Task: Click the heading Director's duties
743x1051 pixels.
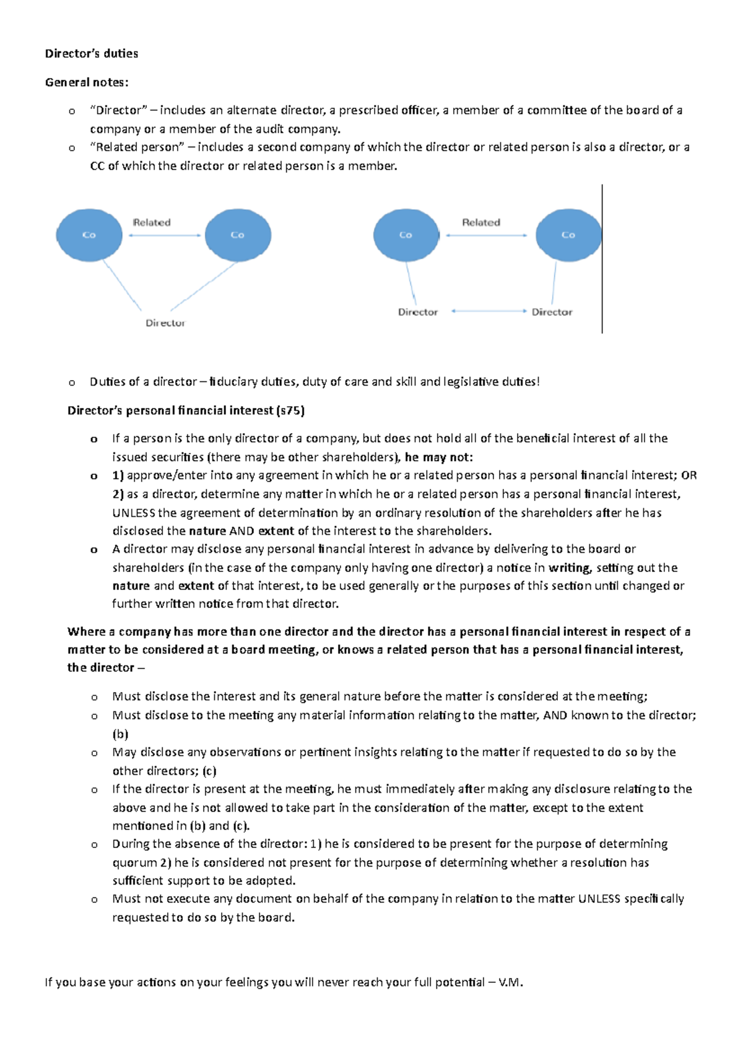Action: [x=92, y=54]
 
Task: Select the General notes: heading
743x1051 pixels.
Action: [x=87, y=82]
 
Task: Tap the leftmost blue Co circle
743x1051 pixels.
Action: [x=89, y=235]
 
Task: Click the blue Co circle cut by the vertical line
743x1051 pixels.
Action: [x=568, y=235]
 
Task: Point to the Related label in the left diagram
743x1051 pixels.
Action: [x=152, y=223]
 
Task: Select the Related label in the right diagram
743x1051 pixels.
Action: [x=481, y=223]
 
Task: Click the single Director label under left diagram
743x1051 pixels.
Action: [x=165, y=323]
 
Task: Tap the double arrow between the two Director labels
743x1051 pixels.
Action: [x=489, y=311]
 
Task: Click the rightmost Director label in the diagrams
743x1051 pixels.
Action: [x=552, y=313]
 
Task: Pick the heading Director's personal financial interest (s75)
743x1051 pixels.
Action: [x=186, y=410]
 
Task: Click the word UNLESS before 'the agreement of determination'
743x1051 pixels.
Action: [x=134, y=513]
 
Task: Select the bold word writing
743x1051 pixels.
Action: [x=570, y=568]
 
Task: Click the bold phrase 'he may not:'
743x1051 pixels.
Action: [x=439, y=457]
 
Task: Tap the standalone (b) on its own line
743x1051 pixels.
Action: [x=120, y=735]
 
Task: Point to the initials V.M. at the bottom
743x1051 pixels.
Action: [x=510, y=982]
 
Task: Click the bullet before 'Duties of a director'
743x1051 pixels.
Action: [x=72, y=383]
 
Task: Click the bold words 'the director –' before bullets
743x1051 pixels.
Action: [x=106, y=668]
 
